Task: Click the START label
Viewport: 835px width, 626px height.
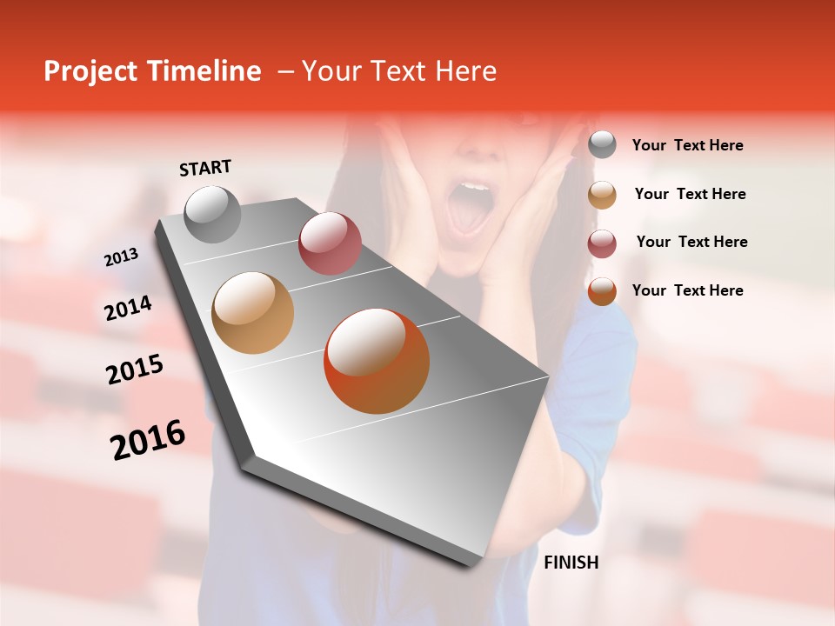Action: point(205,168)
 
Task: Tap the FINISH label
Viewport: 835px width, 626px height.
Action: point(571,563)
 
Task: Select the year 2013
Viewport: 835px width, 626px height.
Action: point(121,257)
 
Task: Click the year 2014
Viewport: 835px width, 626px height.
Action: point(128,309)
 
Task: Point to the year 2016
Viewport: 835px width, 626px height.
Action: point(148,440)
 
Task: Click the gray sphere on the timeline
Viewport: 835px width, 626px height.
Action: point(212,214)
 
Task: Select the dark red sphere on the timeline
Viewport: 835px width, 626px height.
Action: point(330,243)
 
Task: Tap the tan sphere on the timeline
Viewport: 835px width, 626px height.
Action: point(253,313)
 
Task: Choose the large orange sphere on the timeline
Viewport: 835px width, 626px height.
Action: point(377,361)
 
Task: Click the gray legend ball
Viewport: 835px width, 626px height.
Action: point(602,145)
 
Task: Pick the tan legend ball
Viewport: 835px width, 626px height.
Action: point(602,195)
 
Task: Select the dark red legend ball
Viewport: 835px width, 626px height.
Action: point(602,243)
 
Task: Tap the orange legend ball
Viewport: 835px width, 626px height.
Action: point(602,291)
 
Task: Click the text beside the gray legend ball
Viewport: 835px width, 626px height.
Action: point(687,145)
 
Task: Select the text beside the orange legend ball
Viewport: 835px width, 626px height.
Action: point(687,290)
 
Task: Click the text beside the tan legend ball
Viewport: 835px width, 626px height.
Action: point(690,194)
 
